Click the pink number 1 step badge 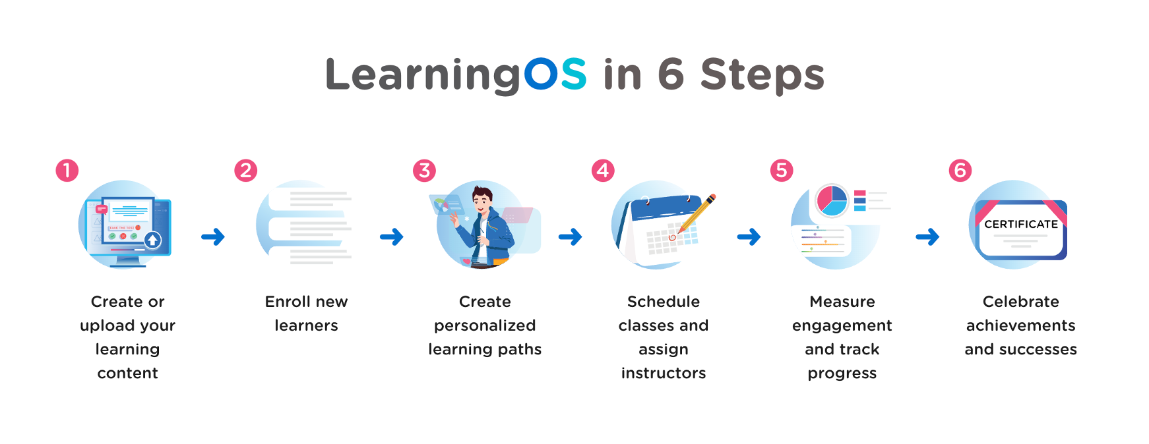click(x=67, y=171)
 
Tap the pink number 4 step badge click(x=603, y=171)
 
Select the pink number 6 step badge click(x=960, y=171)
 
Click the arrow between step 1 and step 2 click(x=213, y=236)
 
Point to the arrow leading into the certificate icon click(x=927, y=236)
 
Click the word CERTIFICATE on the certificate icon click(x=1021, y=224)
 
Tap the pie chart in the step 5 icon click(x=832, y=200)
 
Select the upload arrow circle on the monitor click(x=152, y=240)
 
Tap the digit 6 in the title click(x=671, y=74)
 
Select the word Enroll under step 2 click(x=288, y=302)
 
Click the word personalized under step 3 click(x=485, y=326)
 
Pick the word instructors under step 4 click(x=664, y=373)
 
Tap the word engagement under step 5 click(x=842, y=326)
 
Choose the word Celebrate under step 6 click(x=1021, y=302)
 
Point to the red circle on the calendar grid click(x=672, y=237)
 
